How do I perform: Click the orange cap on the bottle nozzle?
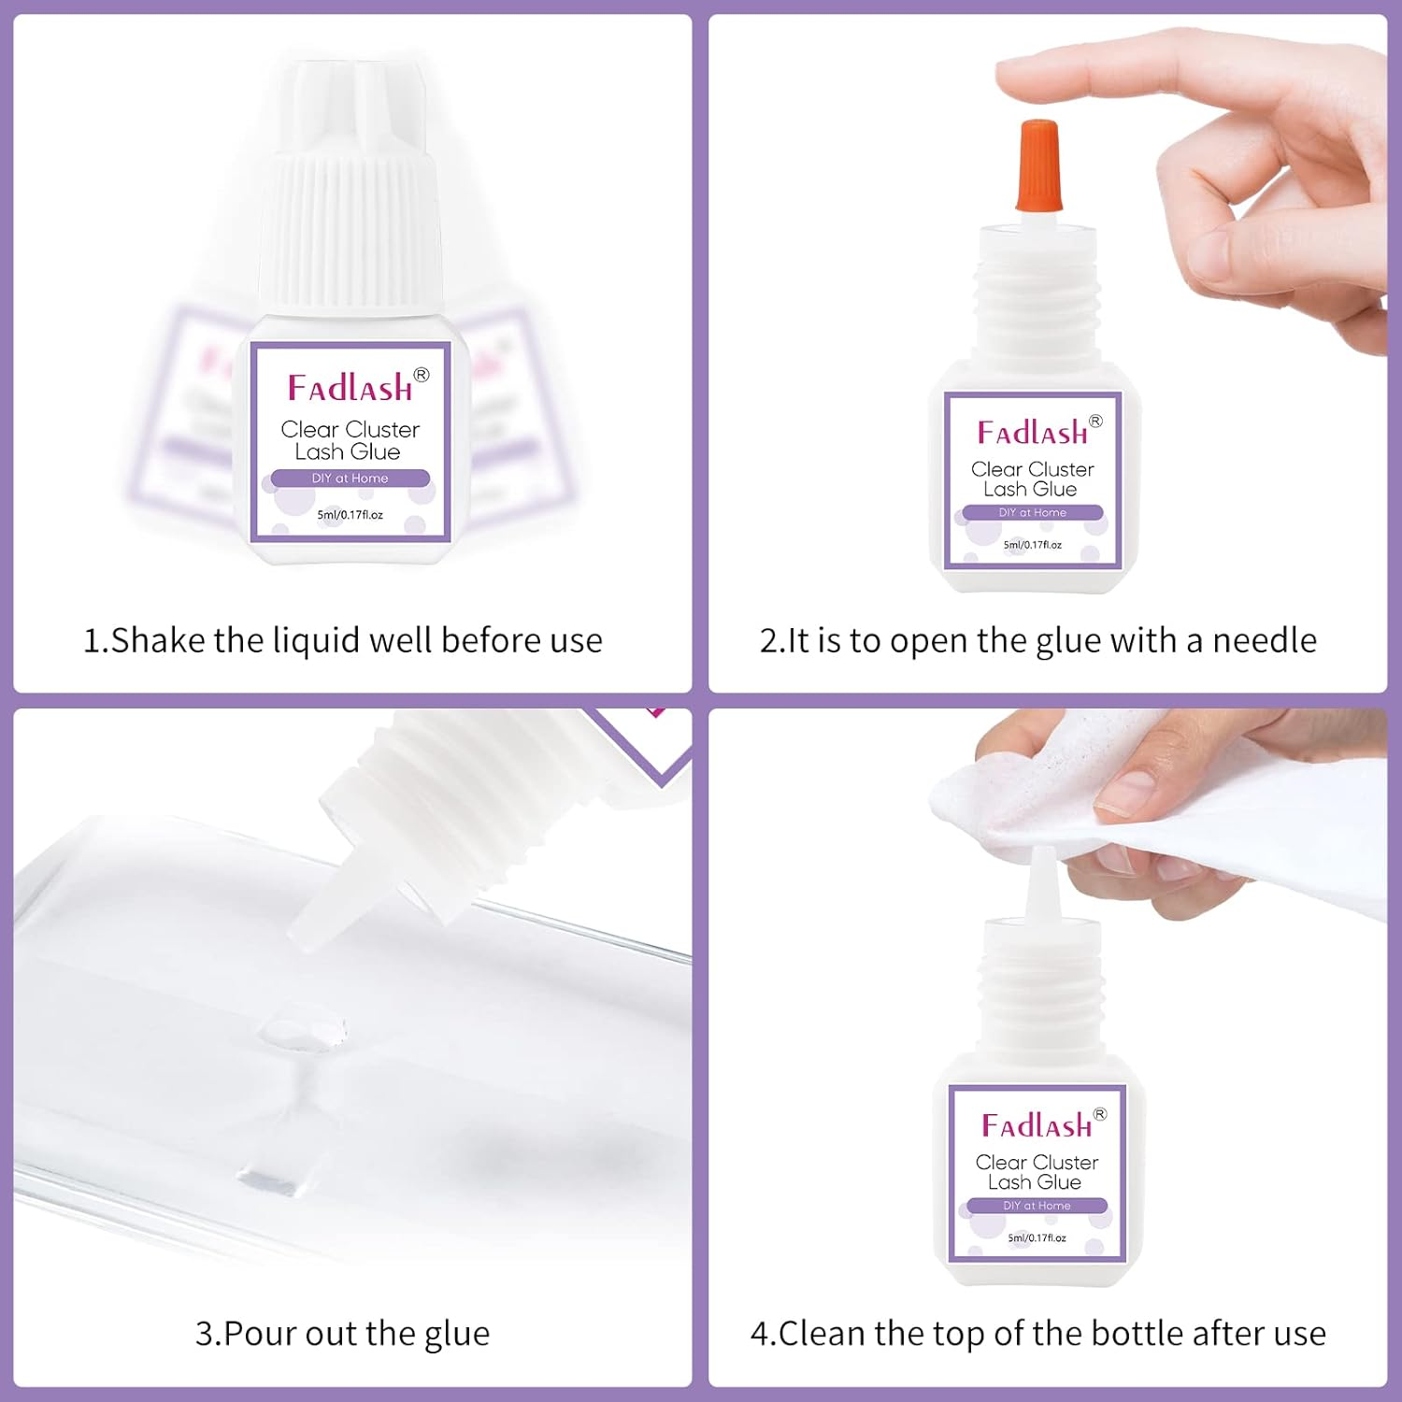click(x=1037, y=165)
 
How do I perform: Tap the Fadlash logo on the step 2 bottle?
click(x=1033, y=433)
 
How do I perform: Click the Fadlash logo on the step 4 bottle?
click(x=1037, y=1125)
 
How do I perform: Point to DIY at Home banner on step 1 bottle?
click(x=350, y=479)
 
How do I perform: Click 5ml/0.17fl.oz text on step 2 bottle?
click(x=1032, y=545)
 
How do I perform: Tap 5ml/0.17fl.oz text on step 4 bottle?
click(x=1037, y=1238)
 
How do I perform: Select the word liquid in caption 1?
click(x=315, y=641)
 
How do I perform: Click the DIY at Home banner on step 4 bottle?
click(x=1037, y=1206)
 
